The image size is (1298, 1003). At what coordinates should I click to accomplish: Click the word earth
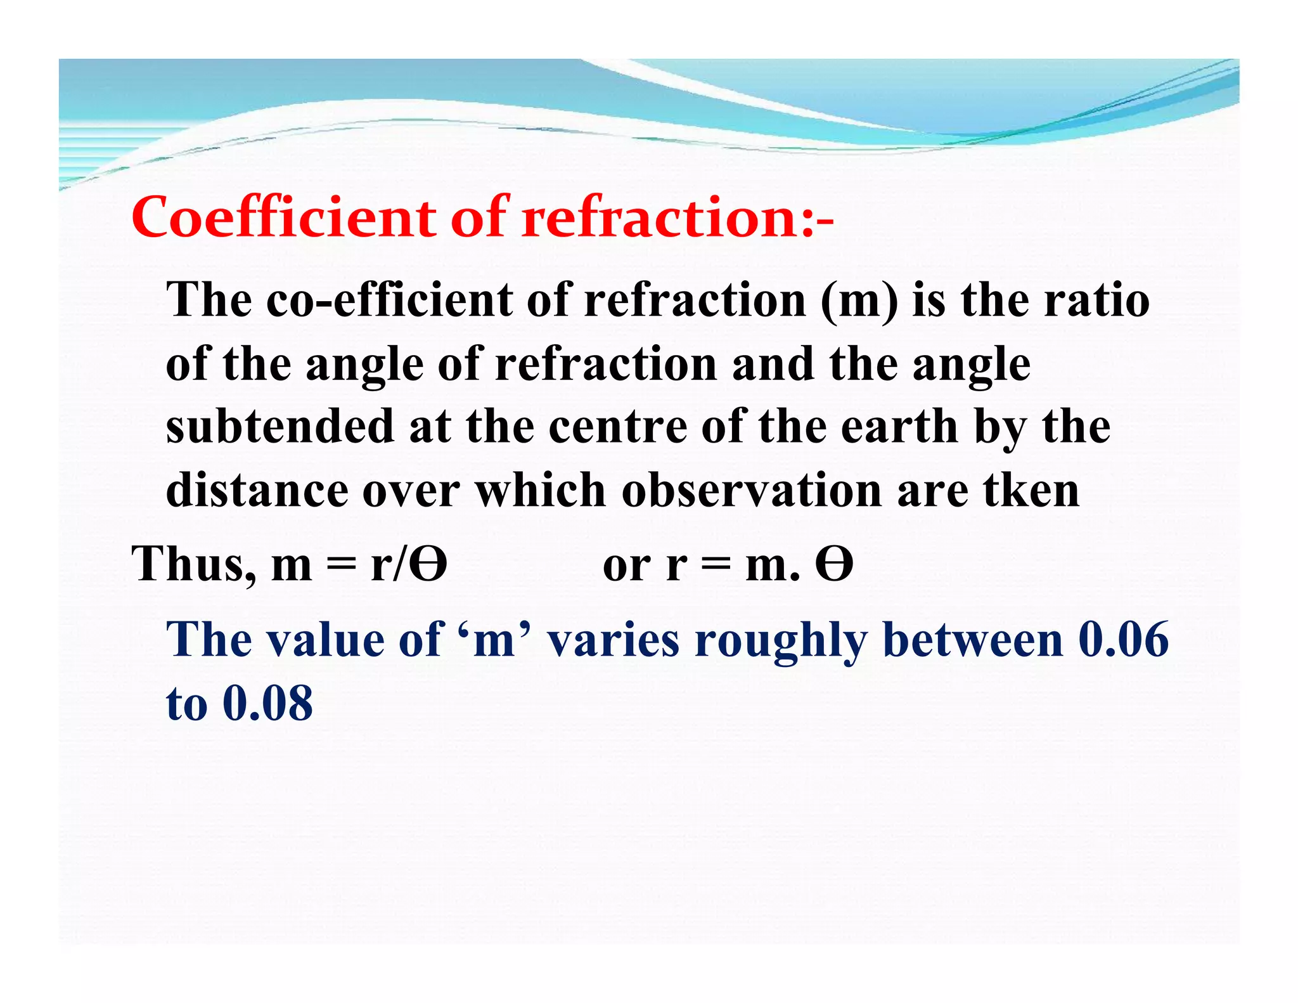click(899, 426)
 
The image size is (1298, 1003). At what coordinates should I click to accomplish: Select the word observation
click(751, 489)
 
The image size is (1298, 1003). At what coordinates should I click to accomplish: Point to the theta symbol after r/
click(428, 563)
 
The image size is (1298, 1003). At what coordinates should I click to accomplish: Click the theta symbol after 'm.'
click(834, 563)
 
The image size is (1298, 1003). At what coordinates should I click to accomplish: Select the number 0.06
click(1123, 639)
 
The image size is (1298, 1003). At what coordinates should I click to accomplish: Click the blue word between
click(972, 639)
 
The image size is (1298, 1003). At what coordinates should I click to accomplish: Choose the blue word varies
click(613, 639)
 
